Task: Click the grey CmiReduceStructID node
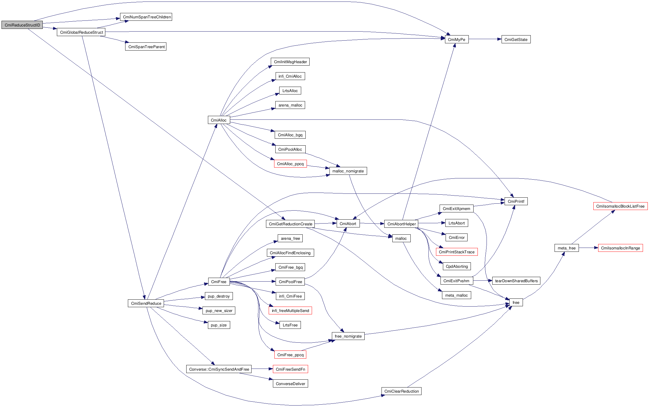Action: (x=22, y=25)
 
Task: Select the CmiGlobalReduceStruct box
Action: (x=81, y=32)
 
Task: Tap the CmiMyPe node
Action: (x=456, y=39)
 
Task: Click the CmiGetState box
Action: (x=516, y=39)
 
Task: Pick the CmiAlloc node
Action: (x=219, y=120)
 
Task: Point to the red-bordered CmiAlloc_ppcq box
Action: (x=290, y=164)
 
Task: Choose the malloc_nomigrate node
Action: (x=348, y=171)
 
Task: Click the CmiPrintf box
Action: (x=516, y=201)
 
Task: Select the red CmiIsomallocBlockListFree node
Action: (x=620, y=206)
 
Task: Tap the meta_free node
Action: (x=566, y=248)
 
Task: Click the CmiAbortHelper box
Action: (x=401, y=224)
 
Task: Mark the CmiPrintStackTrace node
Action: (x=456, y=252)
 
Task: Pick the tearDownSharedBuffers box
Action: (x=516, y=281)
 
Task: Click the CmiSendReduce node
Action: (x=146, y=303)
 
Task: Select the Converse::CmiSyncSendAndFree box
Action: (x=219, y=369)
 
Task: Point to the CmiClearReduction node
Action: (x=401, y=391)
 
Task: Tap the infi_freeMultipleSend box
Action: (x=290, y=310)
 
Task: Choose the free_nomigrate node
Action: (x=348, y=336)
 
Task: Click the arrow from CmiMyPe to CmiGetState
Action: (x=485, y=39)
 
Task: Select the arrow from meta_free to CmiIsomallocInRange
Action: (x=588, y=248)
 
